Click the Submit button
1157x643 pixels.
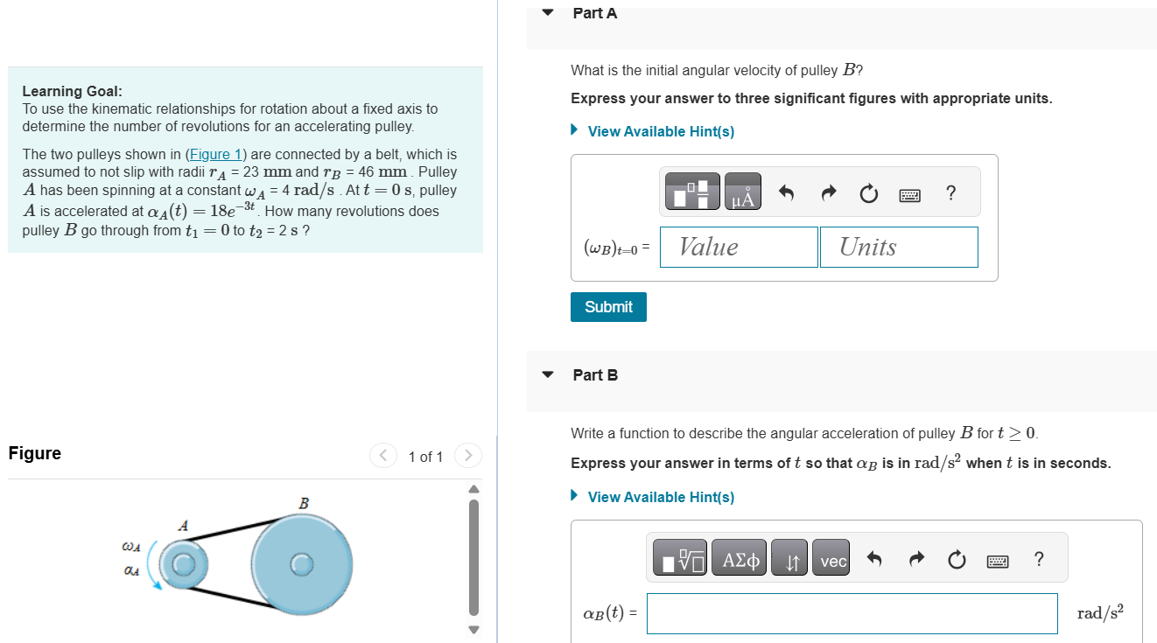[x=608, y=307]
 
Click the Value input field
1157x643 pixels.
[x=739, y=247]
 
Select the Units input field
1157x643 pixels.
[x=899, y=247]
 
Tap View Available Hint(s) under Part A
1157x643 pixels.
[x=660, y=131]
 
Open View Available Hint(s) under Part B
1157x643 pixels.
[x=660, y=497]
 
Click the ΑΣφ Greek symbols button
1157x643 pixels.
[x=740, y=561]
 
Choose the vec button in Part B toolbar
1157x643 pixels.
[x=832, y=561]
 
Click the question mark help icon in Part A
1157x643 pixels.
[x=951, y=193]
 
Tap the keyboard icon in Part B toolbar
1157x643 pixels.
[x=999, y=561]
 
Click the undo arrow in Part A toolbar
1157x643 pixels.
[x=786, y=193]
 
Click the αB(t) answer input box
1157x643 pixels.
[x=852, y=613]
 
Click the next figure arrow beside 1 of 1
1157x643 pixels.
[x=468, y=456]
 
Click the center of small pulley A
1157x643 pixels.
[x=182, y=564]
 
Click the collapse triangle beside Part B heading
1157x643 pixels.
[x=548, y=375]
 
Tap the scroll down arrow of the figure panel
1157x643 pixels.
[x=473, y=629]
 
